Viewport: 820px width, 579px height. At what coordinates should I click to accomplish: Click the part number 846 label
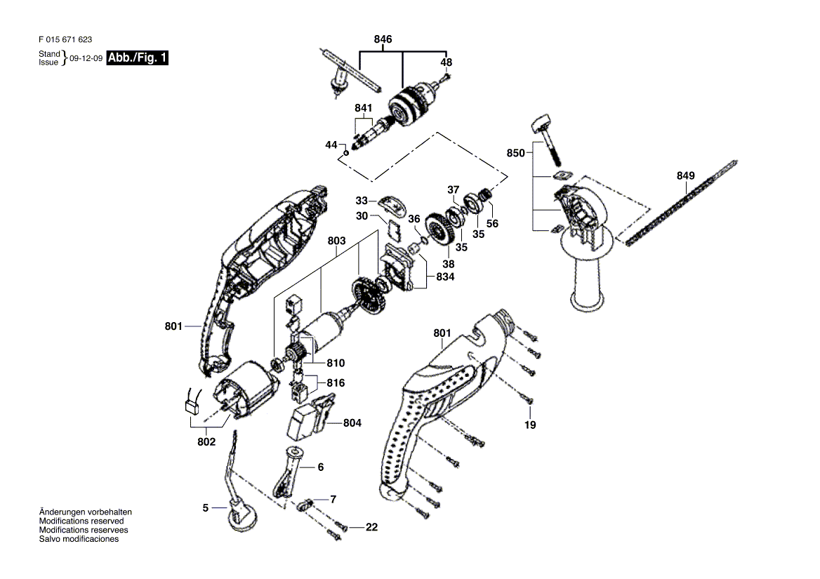point(383,39)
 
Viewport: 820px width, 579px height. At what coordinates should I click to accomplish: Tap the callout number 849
point(685,175)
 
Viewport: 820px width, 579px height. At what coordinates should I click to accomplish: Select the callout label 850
point(515,153)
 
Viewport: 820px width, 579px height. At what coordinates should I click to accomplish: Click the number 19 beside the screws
point(530,425)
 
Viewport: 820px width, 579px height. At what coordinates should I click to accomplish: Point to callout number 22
point(371,527)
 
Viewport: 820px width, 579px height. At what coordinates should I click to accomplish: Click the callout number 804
point(352,422)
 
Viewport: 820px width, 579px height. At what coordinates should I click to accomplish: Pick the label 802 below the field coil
point(206,442)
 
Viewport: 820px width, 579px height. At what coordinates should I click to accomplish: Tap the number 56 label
point(492,224)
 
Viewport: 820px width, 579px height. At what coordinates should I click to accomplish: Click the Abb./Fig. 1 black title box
point(138,58)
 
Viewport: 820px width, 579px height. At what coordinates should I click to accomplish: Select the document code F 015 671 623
point(65,39)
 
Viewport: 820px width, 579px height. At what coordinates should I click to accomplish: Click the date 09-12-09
point(86,58)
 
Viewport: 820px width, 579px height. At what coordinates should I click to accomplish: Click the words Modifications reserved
point(81,521)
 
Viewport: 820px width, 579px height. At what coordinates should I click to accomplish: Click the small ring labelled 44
point(345,153)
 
